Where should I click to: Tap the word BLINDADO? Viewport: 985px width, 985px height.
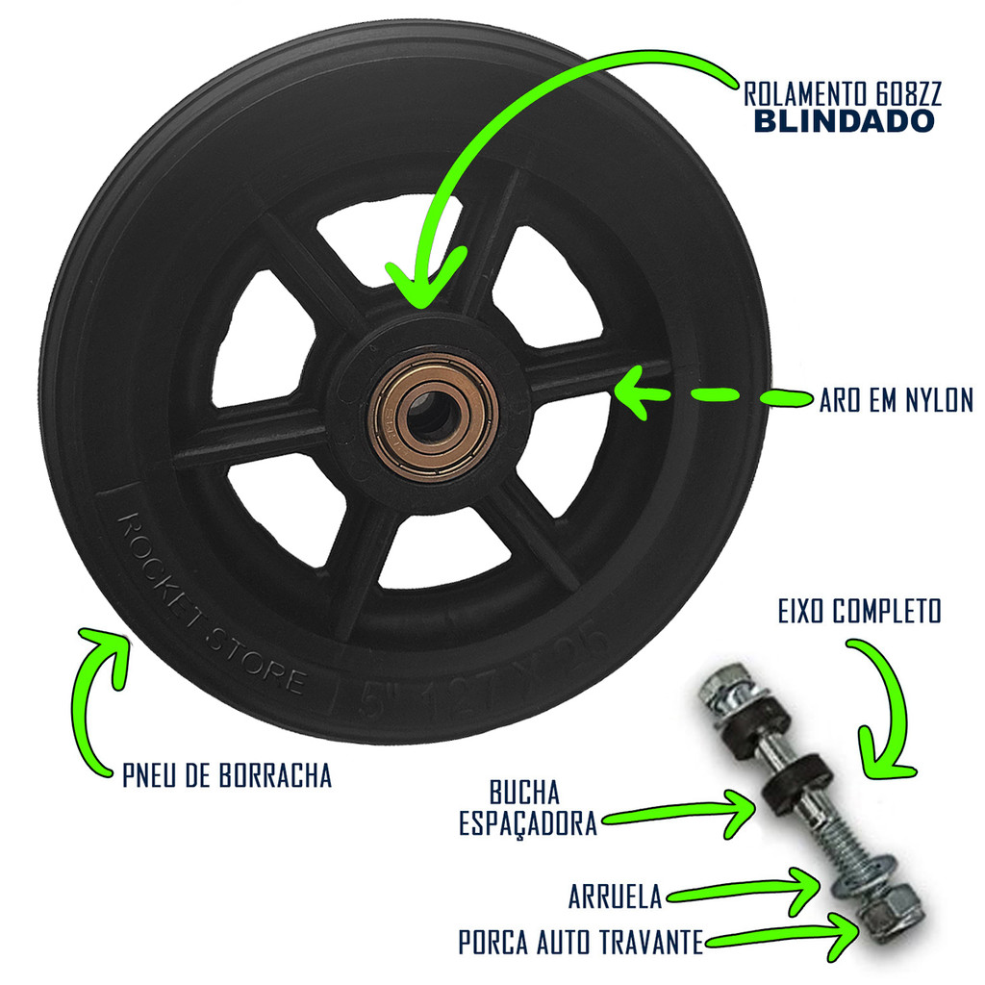842,121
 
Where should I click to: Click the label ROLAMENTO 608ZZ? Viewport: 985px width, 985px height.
842,94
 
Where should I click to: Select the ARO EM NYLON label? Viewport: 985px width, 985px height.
896,400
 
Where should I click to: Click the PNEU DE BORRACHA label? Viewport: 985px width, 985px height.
227,775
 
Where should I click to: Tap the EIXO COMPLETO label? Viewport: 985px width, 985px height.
859,612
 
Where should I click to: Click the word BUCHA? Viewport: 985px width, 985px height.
524,795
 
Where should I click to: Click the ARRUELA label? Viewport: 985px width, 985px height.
616,897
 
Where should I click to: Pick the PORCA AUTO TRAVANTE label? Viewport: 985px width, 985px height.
580,943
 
